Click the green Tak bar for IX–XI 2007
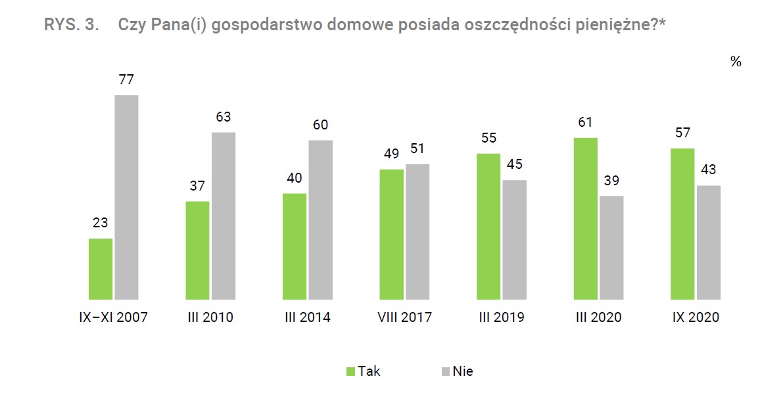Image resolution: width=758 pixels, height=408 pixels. pyautogui.click(x=101, y=269)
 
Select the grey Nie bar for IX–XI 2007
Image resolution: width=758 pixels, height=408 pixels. pyautogui.click(x=127, y=197)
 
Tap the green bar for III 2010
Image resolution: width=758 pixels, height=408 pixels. pyautogui.click(x=197, y=250)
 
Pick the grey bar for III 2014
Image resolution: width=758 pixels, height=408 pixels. pyautogui.click(x=321, y=220)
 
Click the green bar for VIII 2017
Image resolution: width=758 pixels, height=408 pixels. pyautogui.click(x=392, y=235)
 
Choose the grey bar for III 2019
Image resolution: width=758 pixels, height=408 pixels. pyautogui.click(x=515, y=240)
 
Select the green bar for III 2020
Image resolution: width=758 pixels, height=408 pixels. pyautogui.click(x=586, y=219)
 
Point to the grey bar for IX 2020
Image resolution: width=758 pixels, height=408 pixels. pyautogui.click(x=709, y=242)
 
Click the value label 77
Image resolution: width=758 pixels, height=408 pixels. pyautogui.click(x=126, y=80)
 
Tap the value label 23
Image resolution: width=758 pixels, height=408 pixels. pyautogui.click(x=100, y=223)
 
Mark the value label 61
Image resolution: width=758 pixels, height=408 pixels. pyautogui.click(x=586, y=123)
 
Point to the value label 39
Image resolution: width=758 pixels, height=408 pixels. pyautogui.click(x=612, y=181)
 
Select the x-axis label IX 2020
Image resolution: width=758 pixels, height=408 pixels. pyautogui.click(x=696, y=317)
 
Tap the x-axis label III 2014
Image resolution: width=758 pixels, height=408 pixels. pyautogui.click(x=308, y=317)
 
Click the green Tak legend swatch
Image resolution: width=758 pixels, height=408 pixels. pyautogui.click(x=351, y=371)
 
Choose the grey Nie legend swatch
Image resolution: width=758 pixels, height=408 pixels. pyautogui.click(x=445, y=371)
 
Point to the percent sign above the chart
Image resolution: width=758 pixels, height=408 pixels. pyautogui.click(x=735, y=62)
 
